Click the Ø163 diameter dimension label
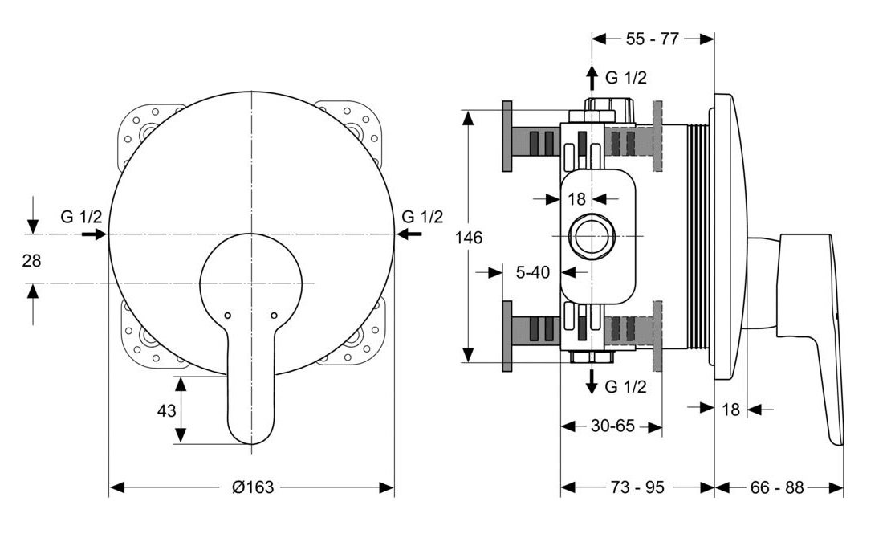[253, 487]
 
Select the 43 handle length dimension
[166, 410]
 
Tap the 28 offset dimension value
[32, 260]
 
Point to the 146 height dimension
[469, 237]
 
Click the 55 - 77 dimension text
[653, 39]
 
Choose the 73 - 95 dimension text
[637, 487]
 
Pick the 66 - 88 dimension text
[777, 487]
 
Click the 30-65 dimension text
[612, 426]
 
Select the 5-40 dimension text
[533, 272]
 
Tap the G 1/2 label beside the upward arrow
[625, 77]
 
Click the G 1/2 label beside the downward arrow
[625, 387]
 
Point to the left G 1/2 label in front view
[81, 217]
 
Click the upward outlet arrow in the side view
[592, 78]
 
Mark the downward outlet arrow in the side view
[592, 381]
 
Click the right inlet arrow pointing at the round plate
[409, 233]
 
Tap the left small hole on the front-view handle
[228, 315]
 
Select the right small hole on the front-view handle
[274, 315]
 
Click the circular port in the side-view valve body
[592, 235]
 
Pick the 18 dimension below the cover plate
[730, 409]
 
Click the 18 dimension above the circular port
[576, 199]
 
